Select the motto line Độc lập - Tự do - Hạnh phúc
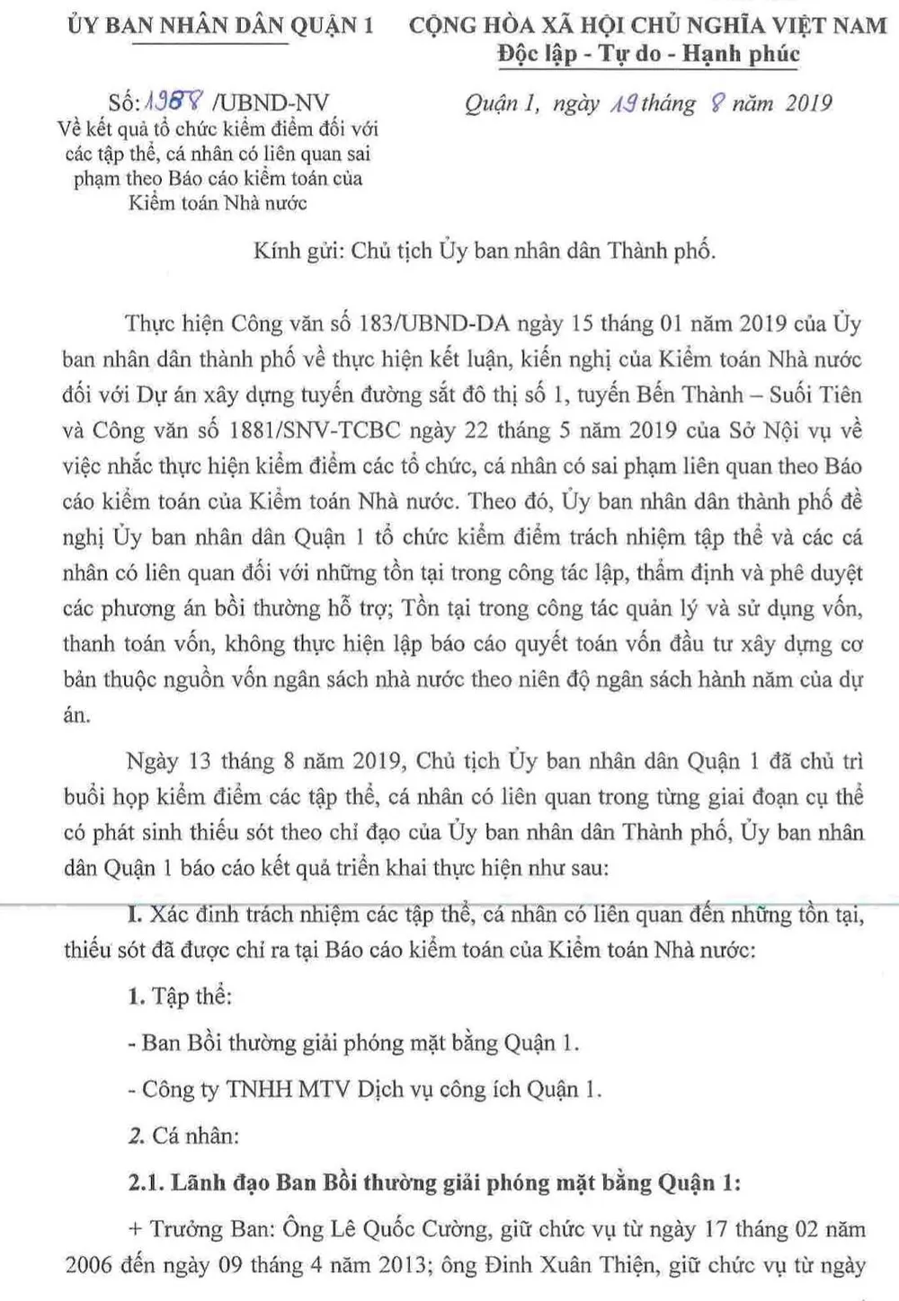coord(648,54)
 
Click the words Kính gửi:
coord(298,251)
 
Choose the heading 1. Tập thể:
coord(180,996)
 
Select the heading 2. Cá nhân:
coord(183,1136)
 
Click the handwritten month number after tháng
coord(717,103)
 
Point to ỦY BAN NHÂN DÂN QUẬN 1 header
coord(220,24)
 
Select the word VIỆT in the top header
coord(798,24)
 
